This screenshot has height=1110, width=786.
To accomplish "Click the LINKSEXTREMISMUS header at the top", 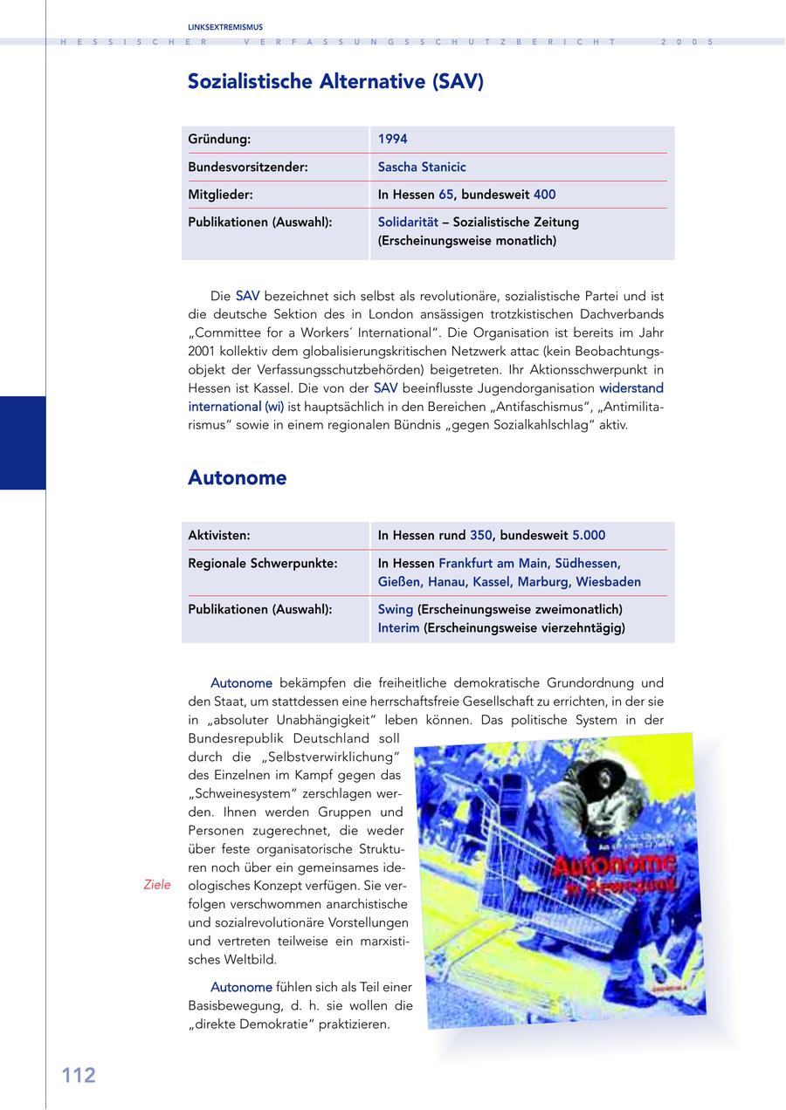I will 225,27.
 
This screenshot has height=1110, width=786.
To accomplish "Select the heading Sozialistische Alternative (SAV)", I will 335,82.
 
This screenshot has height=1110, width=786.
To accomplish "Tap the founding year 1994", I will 393,139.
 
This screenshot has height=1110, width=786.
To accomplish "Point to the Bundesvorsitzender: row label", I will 248,167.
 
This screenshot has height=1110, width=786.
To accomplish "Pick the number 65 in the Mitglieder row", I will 446,195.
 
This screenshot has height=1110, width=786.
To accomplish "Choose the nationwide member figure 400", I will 544,195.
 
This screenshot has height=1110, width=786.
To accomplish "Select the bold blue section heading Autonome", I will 238,478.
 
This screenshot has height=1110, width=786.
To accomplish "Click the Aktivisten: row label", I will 219,535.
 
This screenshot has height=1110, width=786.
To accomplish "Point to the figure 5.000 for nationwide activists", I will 589,535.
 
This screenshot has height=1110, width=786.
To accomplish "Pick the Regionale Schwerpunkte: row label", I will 263,564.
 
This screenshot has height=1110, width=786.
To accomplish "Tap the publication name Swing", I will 396,608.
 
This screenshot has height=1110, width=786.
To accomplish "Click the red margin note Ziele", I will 157,885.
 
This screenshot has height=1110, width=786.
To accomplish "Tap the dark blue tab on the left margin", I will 23,442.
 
